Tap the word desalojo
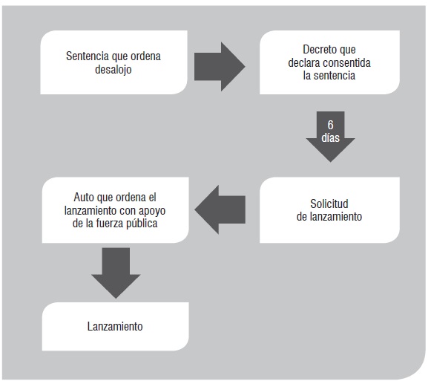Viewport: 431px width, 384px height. (113, 69)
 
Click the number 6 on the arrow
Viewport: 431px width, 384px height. (330, 125)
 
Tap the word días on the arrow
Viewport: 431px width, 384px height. (330, 137)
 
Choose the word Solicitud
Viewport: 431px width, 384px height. (329, 204)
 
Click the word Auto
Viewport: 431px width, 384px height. (82, 197)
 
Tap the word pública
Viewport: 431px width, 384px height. (142, 224)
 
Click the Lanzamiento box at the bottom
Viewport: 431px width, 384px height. (116, 327)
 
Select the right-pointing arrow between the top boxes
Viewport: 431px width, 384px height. (220, 67)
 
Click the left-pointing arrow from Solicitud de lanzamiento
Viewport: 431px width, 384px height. (220, 209)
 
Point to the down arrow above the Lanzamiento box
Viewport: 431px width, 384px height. (116, 273)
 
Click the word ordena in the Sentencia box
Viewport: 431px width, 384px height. (145, 56)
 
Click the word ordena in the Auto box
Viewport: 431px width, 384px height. (131, 197)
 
